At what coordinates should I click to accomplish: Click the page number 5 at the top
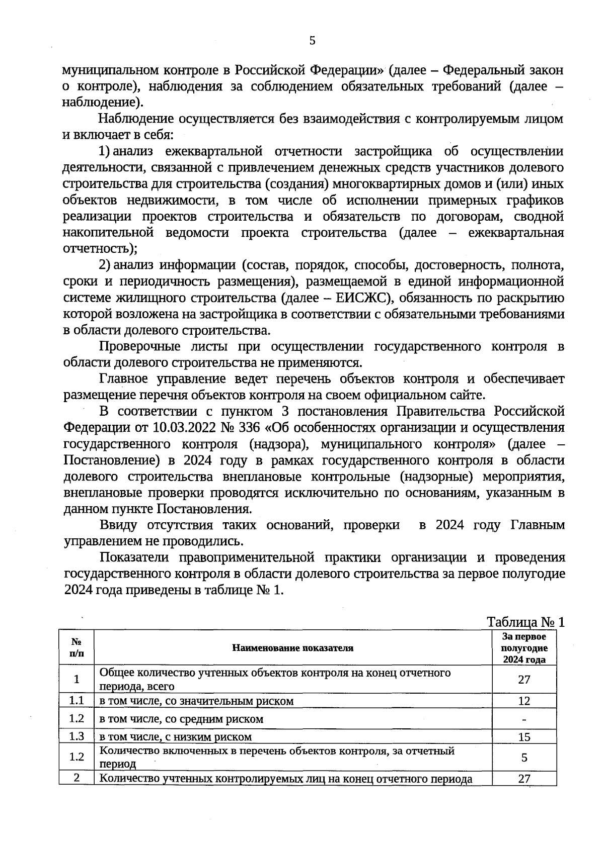coord(312,41)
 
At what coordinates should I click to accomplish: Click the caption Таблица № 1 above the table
coord(525,622)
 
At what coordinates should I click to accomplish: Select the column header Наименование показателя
coord(292,648)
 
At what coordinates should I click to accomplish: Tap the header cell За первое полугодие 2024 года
coord(524,648)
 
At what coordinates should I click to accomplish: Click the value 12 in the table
coord(524,701)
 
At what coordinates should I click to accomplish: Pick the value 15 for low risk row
coord(524,737)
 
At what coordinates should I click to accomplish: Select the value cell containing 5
coord(524,758)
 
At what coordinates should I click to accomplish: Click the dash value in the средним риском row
coord(524,720)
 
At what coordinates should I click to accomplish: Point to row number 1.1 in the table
coord(76,700)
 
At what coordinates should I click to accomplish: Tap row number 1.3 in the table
coord(76,736)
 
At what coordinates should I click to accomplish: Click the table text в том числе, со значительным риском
coord(196,701)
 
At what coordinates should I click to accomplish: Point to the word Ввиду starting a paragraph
coord(118,525)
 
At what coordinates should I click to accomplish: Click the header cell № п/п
coord(76,648)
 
